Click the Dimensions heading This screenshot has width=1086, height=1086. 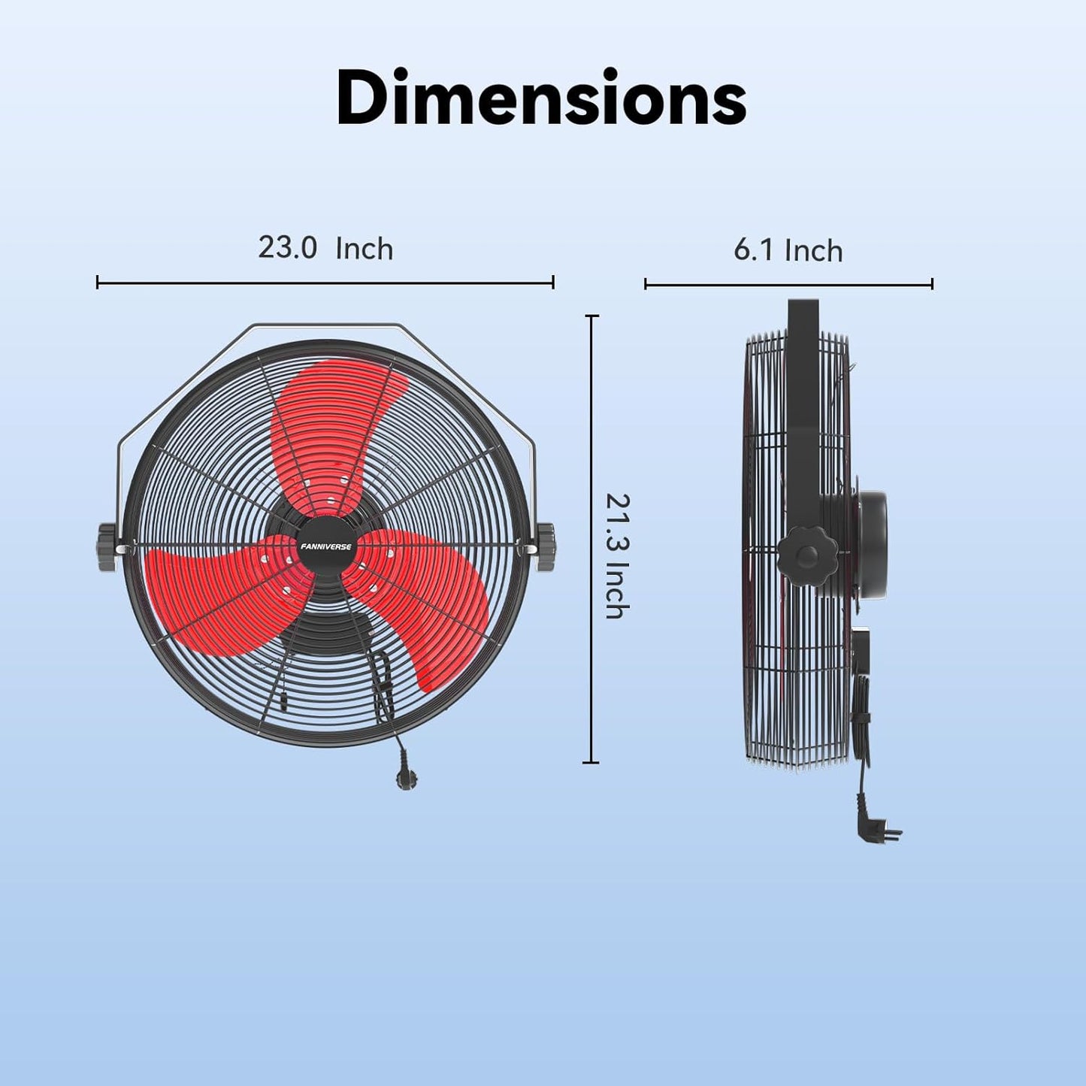(541, 98)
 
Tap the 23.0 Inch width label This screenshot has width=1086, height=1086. (325, 248)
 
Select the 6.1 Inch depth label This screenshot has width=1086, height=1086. (788, 250)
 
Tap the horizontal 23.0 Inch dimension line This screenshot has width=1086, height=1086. (325, 283)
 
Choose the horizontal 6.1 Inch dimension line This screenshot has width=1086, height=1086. (788, 284)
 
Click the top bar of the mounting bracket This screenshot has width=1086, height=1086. (327, 325)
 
